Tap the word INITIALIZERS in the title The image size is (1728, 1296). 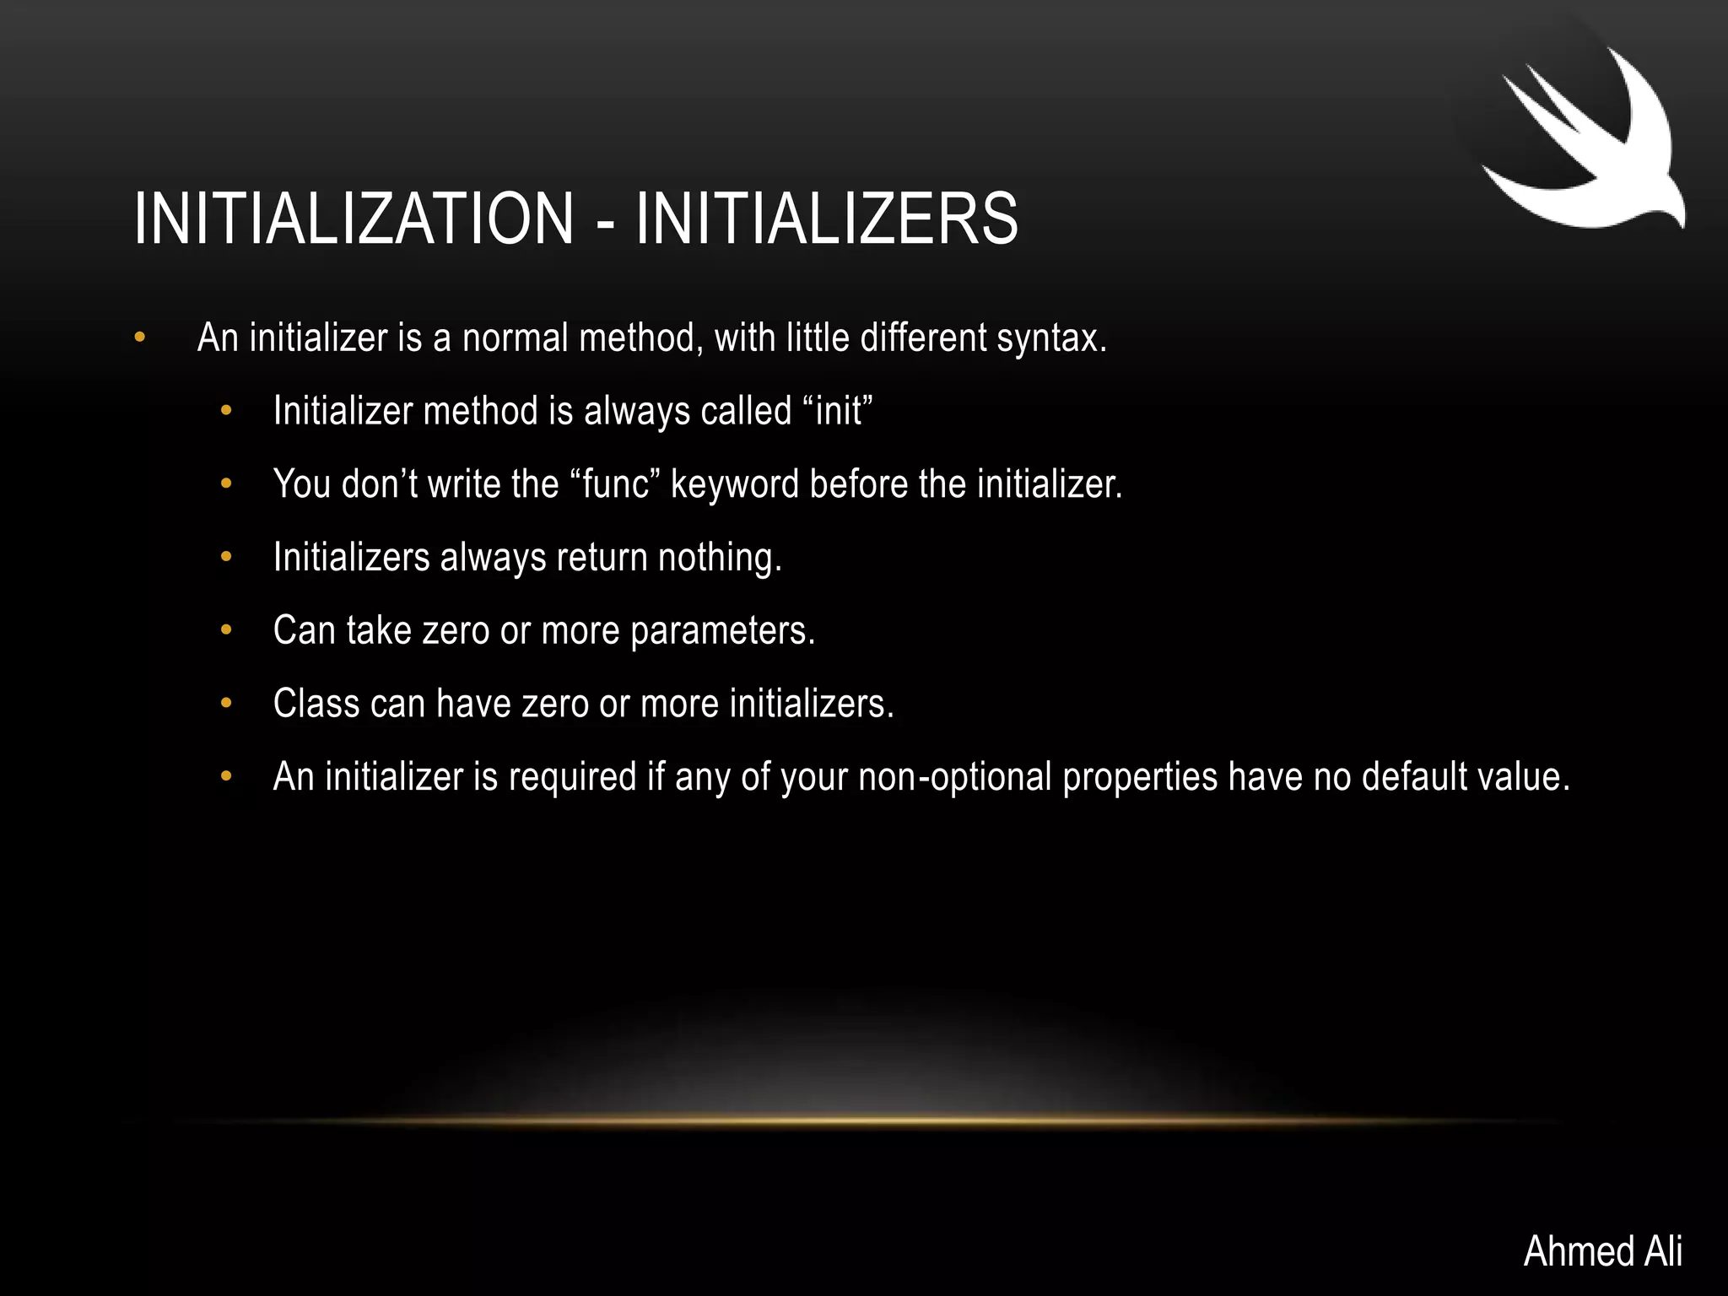(x=827, y=219)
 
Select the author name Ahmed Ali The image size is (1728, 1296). (x=1602, y=1250)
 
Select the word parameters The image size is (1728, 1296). (x=723, y=631)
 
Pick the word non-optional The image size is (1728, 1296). (x=955, y=777)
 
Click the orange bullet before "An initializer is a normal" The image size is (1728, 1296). (x=140, y=338)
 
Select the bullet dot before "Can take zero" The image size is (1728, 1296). (x=225, y=630)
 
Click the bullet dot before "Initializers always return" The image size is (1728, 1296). (x=225, y=557)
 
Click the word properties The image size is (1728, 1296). (x=1140, y=777)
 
